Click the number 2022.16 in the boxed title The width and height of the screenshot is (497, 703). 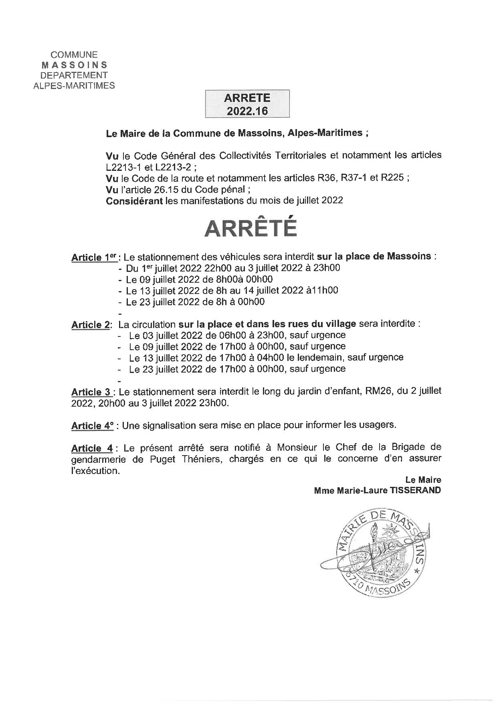coord(247,111)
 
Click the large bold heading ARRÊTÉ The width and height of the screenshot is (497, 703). coord(251,228)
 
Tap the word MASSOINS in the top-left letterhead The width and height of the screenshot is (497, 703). coord(75,65)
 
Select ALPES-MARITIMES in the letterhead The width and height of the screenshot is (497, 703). coord(75,85)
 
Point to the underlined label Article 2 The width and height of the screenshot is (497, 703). coord(91,325)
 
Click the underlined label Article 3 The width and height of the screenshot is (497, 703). coord(90,392)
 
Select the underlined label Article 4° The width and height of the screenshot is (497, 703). coord(93,425)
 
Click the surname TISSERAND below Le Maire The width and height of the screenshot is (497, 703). coord(415,490)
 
